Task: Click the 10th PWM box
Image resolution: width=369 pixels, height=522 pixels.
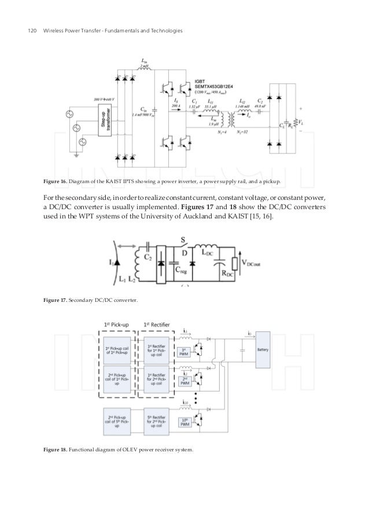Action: click(185, 424)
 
